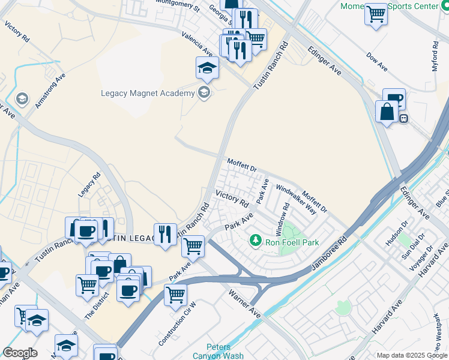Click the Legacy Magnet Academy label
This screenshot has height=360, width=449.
click(x=147, y=93)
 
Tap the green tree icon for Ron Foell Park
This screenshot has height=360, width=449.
click(x=256, y=241)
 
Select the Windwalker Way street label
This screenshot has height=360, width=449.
click(x=296, y=199)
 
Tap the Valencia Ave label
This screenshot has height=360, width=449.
click(x=197, y=44)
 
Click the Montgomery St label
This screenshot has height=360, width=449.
click(x=177, y=6)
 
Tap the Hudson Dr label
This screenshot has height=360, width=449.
click(x=396, y=233)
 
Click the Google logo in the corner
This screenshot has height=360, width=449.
click(x=20, y=353)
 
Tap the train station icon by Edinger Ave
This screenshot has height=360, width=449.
click(x=404, y=119)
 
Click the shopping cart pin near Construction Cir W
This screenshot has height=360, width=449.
click(x=175, y=294)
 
